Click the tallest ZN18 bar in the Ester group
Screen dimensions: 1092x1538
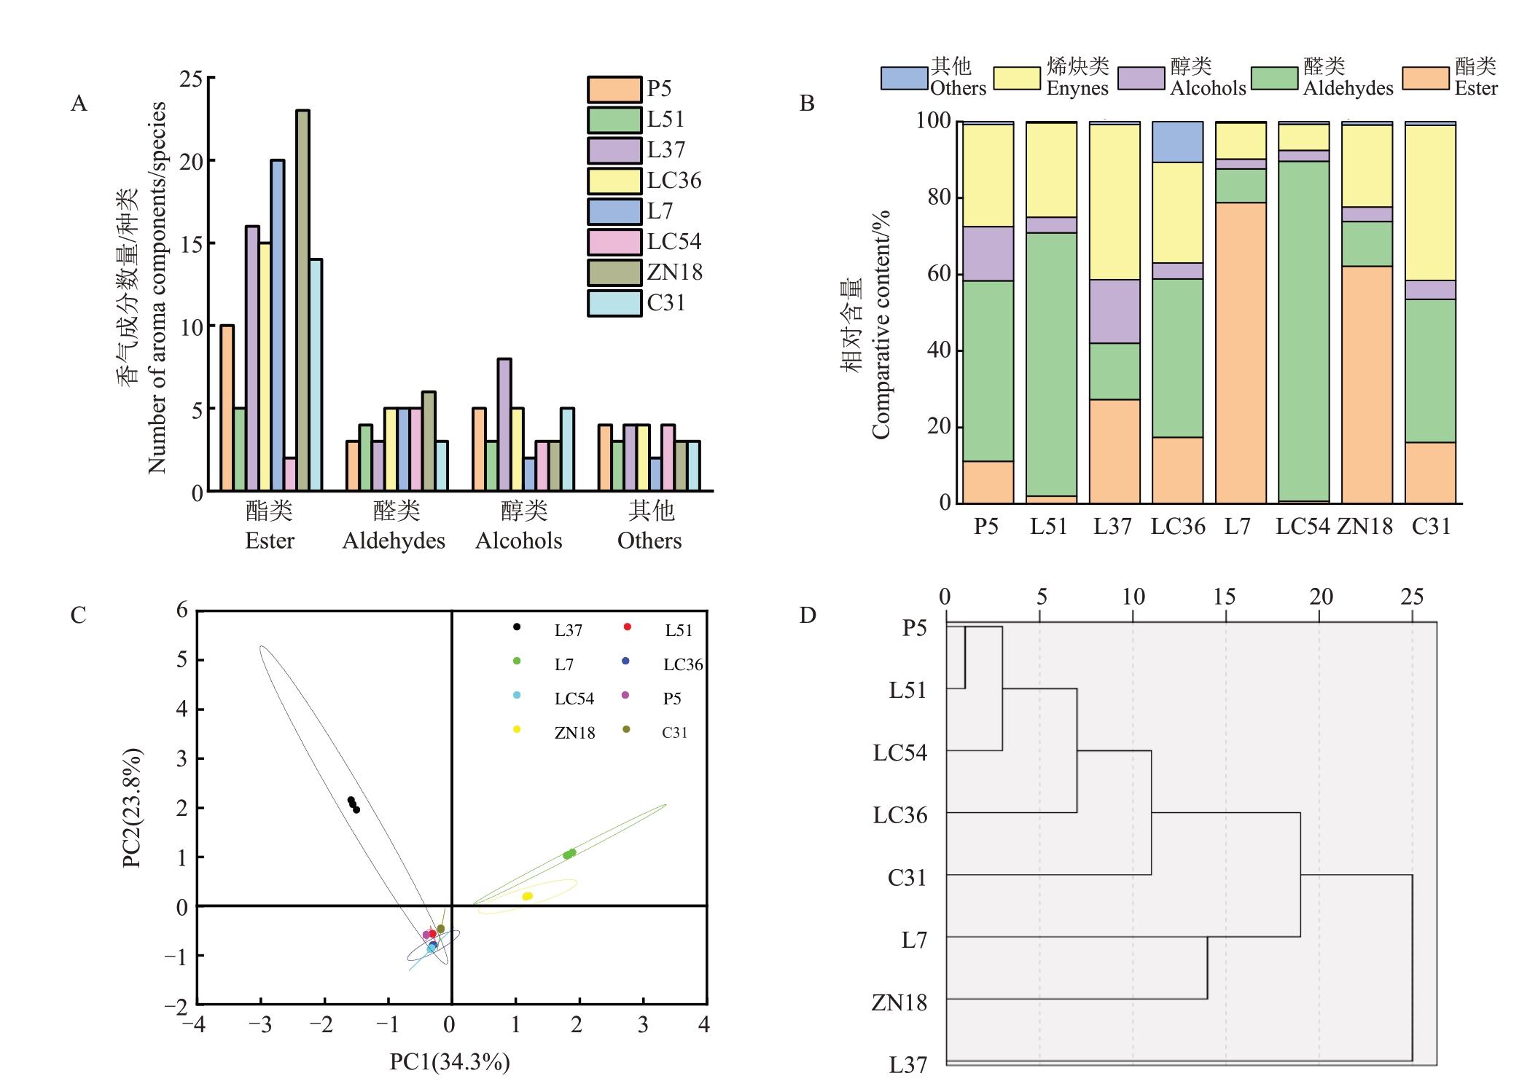point(302,300)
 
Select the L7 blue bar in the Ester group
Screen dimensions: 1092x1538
point(277,325)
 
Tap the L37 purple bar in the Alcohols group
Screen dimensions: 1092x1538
point(504,424)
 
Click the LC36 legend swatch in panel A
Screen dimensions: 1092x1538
point(614,181)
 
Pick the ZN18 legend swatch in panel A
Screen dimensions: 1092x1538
point(614,272)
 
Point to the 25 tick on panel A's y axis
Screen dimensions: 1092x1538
point(192,79)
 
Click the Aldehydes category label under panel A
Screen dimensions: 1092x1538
point(394,541)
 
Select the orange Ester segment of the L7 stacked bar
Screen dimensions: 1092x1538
point(1241,353)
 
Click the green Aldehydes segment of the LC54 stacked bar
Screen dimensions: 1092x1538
point(1303,331)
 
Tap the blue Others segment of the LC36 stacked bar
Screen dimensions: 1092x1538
point(1177,142)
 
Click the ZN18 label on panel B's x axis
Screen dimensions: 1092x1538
point(1365,527)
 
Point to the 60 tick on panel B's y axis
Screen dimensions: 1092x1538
point(939,274)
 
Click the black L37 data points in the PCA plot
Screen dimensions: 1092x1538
point(354,804)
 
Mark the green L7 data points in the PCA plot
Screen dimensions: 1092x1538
point(569,854)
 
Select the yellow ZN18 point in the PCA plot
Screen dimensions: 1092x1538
point(528,896)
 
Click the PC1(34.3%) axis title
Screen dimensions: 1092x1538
point(450,1062)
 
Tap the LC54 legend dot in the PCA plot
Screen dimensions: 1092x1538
point(517,695)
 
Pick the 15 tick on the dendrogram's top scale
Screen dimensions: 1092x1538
point(1225,597)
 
